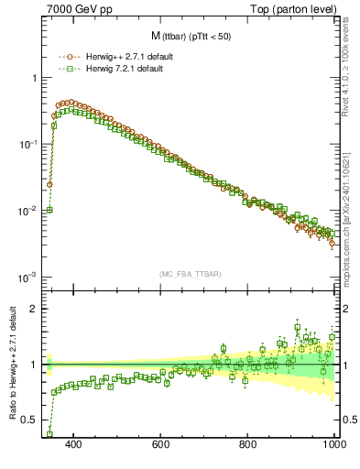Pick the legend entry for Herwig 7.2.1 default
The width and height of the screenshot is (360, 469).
click(124, 69)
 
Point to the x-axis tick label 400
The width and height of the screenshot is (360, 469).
click(75, 445)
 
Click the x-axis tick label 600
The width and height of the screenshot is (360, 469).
click(161, 445)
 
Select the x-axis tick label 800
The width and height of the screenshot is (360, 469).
click(248, 445)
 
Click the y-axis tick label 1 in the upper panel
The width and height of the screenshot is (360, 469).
click(34, 78)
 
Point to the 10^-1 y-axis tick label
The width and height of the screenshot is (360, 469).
click(28, 144)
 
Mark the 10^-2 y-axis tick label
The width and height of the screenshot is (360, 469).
click(28, 211)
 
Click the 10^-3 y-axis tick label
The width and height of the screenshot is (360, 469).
click(28, 277)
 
